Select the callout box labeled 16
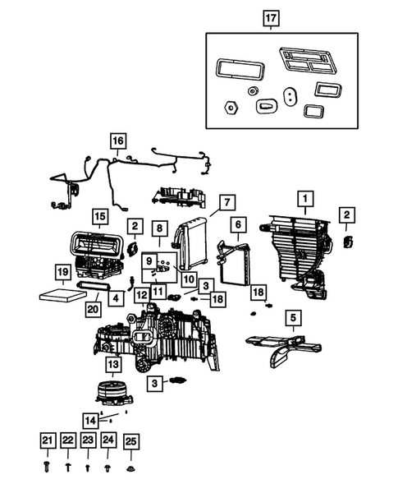118,141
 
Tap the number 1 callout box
304,198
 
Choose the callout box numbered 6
237,224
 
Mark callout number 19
62,272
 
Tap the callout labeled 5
290,317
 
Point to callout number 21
48,441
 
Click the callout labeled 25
130,441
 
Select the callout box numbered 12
141,295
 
